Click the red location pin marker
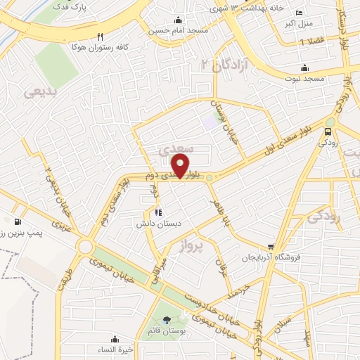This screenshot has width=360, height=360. pyautogui.click(x=181, y=166)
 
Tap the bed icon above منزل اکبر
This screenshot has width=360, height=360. pyautogui.click(x=299, y=13)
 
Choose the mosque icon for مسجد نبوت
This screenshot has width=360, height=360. pyautogui.click(x=304, y=67)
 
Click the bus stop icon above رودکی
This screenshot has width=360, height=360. pyautogui.click(x=328, y=131)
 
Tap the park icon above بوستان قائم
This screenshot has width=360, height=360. pyautogui.click(x=167, y=321)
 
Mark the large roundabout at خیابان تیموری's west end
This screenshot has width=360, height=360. pyautogui.click(x=86, y=247)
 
